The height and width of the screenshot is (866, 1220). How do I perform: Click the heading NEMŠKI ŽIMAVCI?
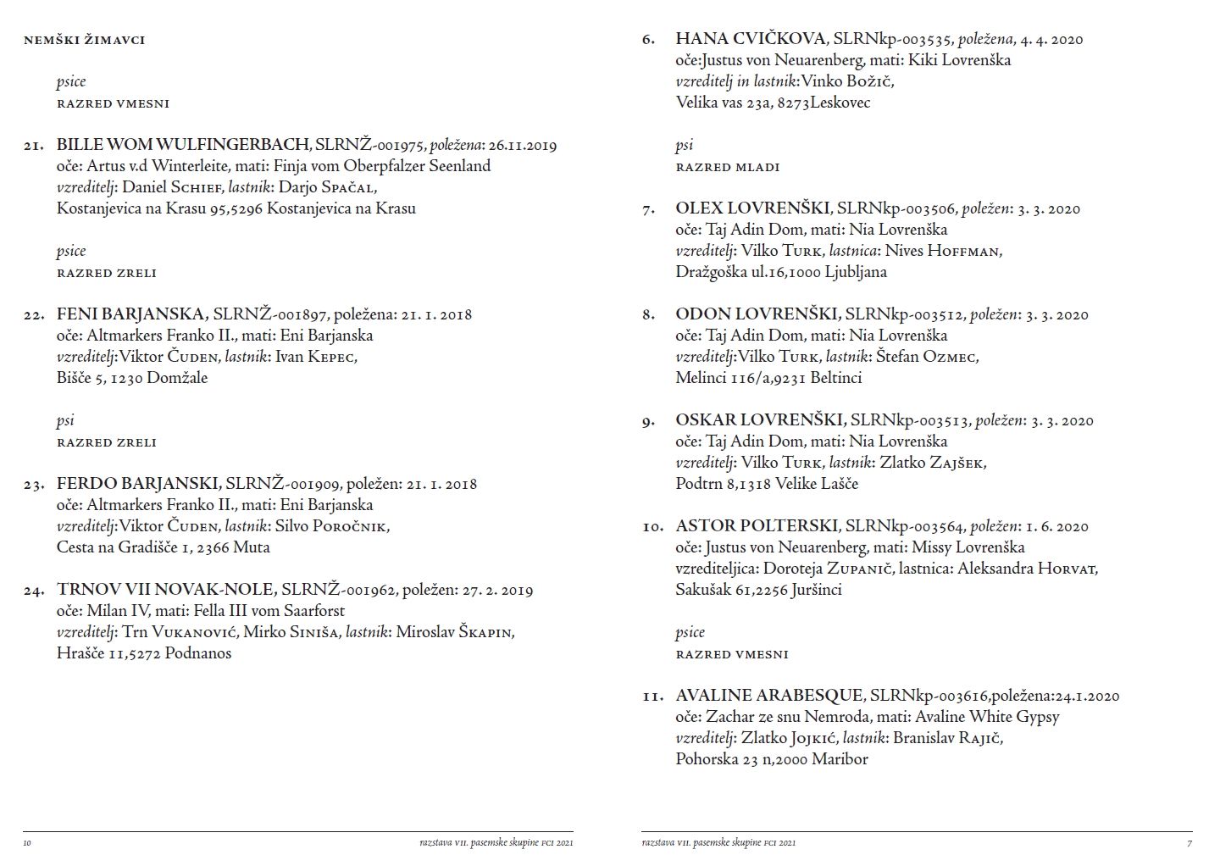click(x=84, y=40)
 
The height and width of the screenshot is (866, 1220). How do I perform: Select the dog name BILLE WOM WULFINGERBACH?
click(x=183, y=145)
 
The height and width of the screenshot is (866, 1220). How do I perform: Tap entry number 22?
click(x=33, y=315)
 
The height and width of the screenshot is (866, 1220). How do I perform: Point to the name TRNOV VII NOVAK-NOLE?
click(x=166, y=590)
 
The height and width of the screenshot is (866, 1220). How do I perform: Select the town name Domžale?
click(x=177, y=378)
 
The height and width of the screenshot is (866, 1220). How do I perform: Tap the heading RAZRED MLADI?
click(x=727, y=167)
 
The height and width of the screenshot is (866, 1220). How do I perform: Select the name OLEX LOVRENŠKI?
click(x=752, y=208)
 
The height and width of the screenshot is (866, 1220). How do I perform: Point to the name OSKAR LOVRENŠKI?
click(x=759, y=420)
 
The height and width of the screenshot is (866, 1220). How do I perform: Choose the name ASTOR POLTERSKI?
click(x=757, y=526)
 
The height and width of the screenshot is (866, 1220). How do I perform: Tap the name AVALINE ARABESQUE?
click(x=768, y=696)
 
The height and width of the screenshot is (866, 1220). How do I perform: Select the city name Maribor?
click(x=840, y=759)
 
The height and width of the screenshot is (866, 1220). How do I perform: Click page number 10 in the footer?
click(x=27, y=843)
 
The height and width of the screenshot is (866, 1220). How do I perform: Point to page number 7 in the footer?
click(x=1189, y=843)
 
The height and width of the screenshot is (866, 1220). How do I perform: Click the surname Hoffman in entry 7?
click(x=964, y=251)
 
